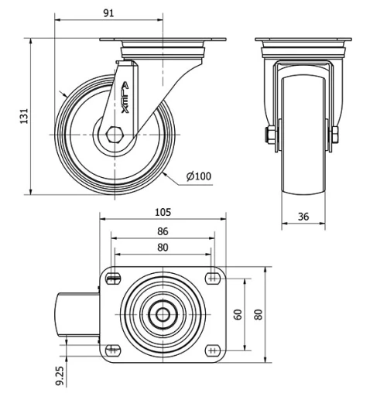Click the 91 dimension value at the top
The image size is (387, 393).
click(108, 13)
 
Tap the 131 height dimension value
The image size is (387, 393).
click(24, 116)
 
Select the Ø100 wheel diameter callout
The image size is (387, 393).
click(199, 176)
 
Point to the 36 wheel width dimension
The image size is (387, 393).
click(303, 217)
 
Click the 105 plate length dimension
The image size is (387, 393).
click(163, 212)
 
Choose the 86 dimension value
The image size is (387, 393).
click(163, 231)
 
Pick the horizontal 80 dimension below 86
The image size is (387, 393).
click(163, 248)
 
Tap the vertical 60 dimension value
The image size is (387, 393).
click(239, 314)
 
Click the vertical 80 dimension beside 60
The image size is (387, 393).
click(259, 314)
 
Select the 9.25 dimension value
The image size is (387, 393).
click(60, 376)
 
